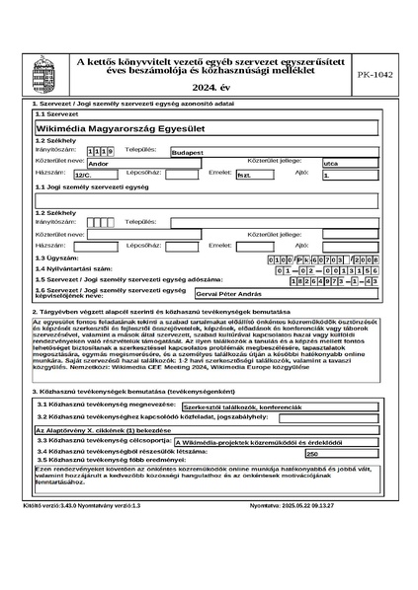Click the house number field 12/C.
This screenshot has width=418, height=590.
[89, 175]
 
